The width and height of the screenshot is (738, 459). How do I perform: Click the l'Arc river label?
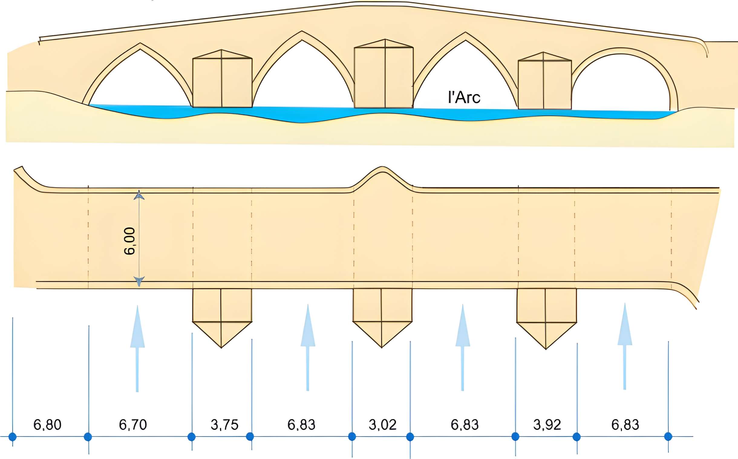click(464, 97)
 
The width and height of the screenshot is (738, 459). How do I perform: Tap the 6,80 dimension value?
click(47, 424)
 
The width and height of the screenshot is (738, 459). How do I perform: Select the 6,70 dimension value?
click(133, 424)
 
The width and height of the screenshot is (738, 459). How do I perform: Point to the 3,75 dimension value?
click(224, 424)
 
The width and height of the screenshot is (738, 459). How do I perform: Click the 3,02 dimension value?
click(382, 424)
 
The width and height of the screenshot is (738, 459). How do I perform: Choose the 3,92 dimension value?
click(547, 424)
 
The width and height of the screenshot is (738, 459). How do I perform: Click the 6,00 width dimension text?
click(130, 241)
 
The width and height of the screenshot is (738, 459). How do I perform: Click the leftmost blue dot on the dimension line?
click(12, 437)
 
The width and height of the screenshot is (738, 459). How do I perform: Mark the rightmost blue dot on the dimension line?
click(668, 437)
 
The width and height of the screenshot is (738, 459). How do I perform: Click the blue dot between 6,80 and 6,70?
click(88, 437)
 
